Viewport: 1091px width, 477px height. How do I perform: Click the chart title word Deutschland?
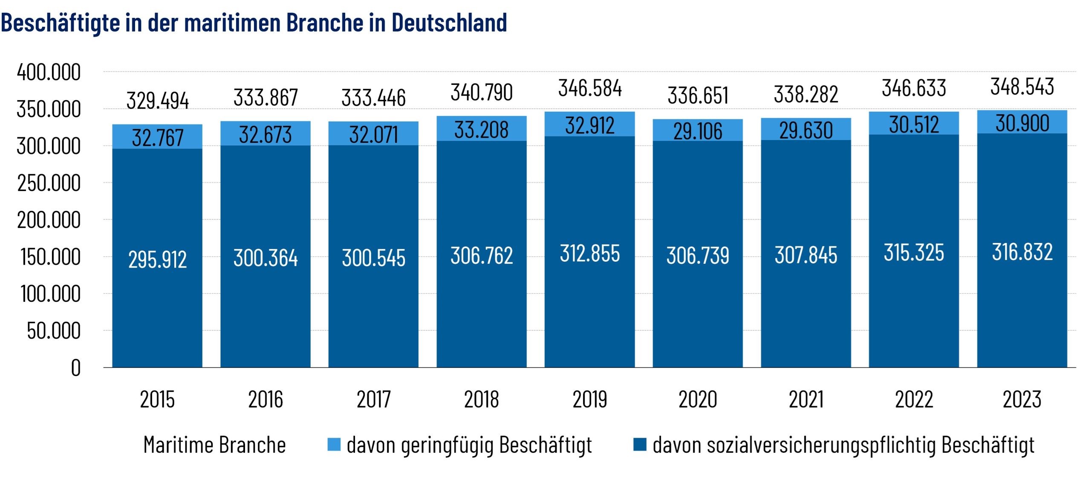(x=449, y=22)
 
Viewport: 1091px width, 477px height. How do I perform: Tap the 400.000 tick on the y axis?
(x=49, y=72)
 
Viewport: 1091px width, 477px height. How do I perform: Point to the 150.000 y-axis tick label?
(x=50, y=257)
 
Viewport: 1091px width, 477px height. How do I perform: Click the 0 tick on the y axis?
(x=75, y=368)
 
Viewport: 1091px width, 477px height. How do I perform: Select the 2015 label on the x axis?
(x=157, y=399)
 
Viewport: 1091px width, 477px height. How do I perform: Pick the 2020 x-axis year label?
(x=698, y=399)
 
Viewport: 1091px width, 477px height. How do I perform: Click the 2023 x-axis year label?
(x=1022, y=399)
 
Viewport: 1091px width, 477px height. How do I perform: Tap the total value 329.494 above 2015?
(x=157, y=101)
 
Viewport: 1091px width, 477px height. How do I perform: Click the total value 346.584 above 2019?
(x=590, y=88)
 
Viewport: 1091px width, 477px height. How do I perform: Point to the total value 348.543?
(x=1022, y=87)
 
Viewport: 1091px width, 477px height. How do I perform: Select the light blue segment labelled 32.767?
(x=157, y=137)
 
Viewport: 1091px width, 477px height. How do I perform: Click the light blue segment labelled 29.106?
(x=698, y=130)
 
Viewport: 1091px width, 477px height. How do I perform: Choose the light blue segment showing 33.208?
(x=482, y=129)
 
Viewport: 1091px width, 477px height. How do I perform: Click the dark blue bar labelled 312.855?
(x=590, y=253)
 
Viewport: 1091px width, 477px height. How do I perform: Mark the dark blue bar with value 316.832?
(x=1022, y=252)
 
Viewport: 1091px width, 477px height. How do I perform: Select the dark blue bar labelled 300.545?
(x=373, y=257)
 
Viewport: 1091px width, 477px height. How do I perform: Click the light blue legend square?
(x=334, y=444)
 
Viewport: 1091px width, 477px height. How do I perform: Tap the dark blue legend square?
(x=640, y=444)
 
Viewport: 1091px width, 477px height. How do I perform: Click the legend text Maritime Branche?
(x=214, y=445)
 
